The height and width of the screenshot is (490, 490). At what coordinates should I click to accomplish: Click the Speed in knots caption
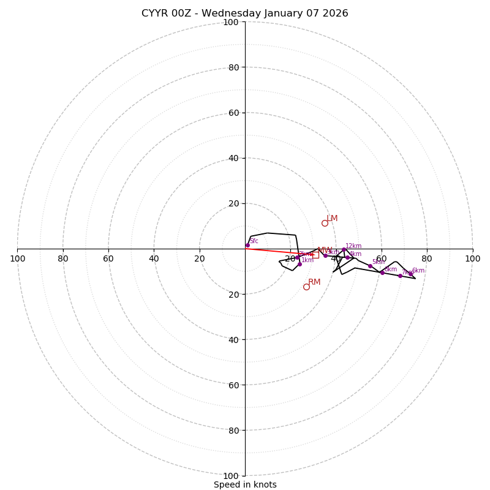[x=245, y=485]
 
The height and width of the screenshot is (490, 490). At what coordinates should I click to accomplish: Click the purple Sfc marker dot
[x=247, y=245]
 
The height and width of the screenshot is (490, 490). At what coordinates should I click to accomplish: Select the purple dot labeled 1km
[x=300, y=264]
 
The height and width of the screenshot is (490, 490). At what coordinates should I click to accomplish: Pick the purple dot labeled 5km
[x=370, y=266]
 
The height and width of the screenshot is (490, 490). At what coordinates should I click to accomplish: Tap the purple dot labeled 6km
[x=410, y=274]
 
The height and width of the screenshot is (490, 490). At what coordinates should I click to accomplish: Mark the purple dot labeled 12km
[x=344, y=250]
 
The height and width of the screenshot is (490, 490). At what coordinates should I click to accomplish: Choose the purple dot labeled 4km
[x=347, y=257]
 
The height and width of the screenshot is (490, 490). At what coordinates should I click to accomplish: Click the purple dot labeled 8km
[x=382, y=273]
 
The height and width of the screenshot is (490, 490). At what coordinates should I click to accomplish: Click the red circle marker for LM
[x=325, y=223]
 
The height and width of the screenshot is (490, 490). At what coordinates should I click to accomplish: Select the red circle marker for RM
[x=306, y=287]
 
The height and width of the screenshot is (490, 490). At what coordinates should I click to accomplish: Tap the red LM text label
[x=332, y=219]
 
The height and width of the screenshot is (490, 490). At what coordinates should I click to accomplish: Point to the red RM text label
[x=314, y=282]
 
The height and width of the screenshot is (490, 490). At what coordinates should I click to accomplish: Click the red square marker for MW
[x=315, y=254]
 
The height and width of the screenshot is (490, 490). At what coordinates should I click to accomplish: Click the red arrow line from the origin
[x=276, y=251]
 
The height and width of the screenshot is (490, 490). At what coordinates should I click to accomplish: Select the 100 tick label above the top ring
[x=231, y=22]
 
